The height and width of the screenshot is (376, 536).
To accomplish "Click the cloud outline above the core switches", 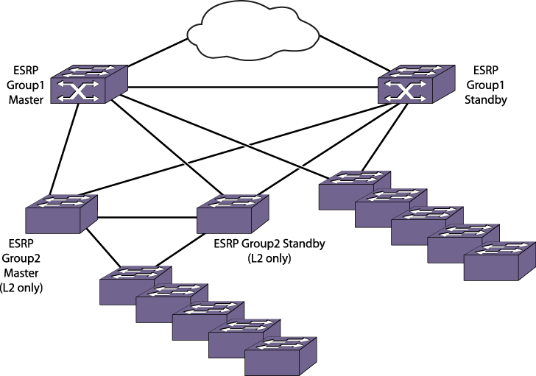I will [253, 31].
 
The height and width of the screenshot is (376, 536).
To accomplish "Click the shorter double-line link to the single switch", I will [167, 148].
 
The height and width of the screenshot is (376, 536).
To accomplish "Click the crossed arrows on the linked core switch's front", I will [78, 91].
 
